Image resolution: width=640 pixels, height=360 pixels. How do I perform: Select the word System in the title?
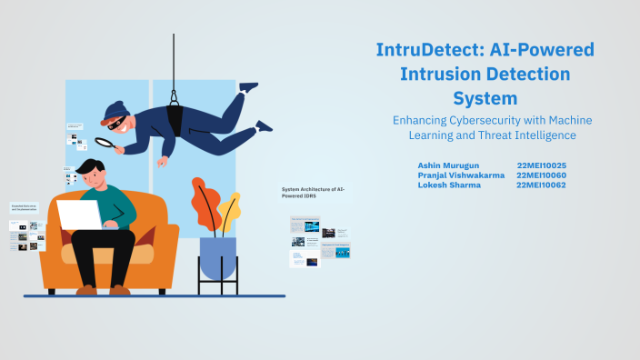(x=485, y=96)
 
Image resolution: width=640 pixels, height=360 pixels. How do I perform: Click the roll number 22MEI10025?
(x=541, y=165)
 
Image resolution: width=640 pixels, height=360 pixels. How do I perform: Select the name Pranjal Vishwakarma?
(x=461, y=175)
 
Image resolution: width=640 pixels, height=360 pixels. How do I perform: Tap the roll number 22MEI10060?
(x=541, y=175)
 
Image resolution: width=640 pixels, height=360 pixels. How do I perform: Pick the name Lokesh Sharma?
(x=448, y=185)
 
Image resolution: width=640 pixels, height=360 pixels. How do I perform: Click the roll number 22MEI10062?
(x=541, y=185)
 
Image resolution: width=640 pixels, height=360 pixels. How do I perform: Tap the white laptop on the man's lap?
(x=80, y=215)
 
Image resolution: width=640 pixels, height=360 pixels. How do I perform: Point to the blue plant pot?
(x=217, y=257)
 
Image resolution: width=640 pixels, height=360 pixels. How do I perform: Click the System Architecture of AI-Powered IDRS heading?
(x=314, y=191)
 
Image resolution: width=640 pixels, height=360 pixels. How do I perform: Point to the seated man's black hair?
(x=90, y=167)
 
